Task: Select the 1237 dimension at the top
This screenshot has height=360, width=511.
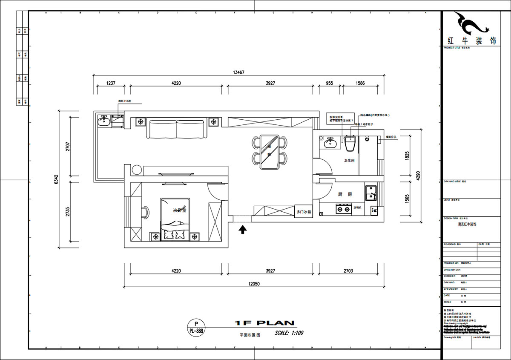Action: point(111,83)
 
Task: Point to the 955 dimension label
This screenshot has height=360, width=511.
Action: point(329,83)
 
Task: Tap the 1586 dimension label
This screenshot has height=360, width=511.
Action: point(360,83)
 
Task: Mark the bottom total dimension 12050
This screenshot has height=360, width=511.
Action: point(252,284)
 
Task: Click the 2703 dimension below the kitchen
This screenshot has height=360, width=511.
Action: point(347,271)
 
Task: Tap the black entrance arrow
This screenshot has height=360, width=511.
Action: point(243,230)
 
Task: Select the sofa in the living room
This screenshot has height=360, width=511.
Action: point(177,129)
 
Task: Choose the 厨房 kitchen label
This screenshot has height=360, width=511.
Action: point(345,194)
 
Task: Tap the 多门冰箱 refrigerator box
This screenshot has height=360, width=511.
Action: point(304,211)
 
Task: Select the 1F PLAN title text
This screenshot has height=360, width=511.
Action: point(264,323)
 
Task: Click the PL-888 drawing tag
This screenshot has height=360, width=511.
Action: point(196,330)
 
